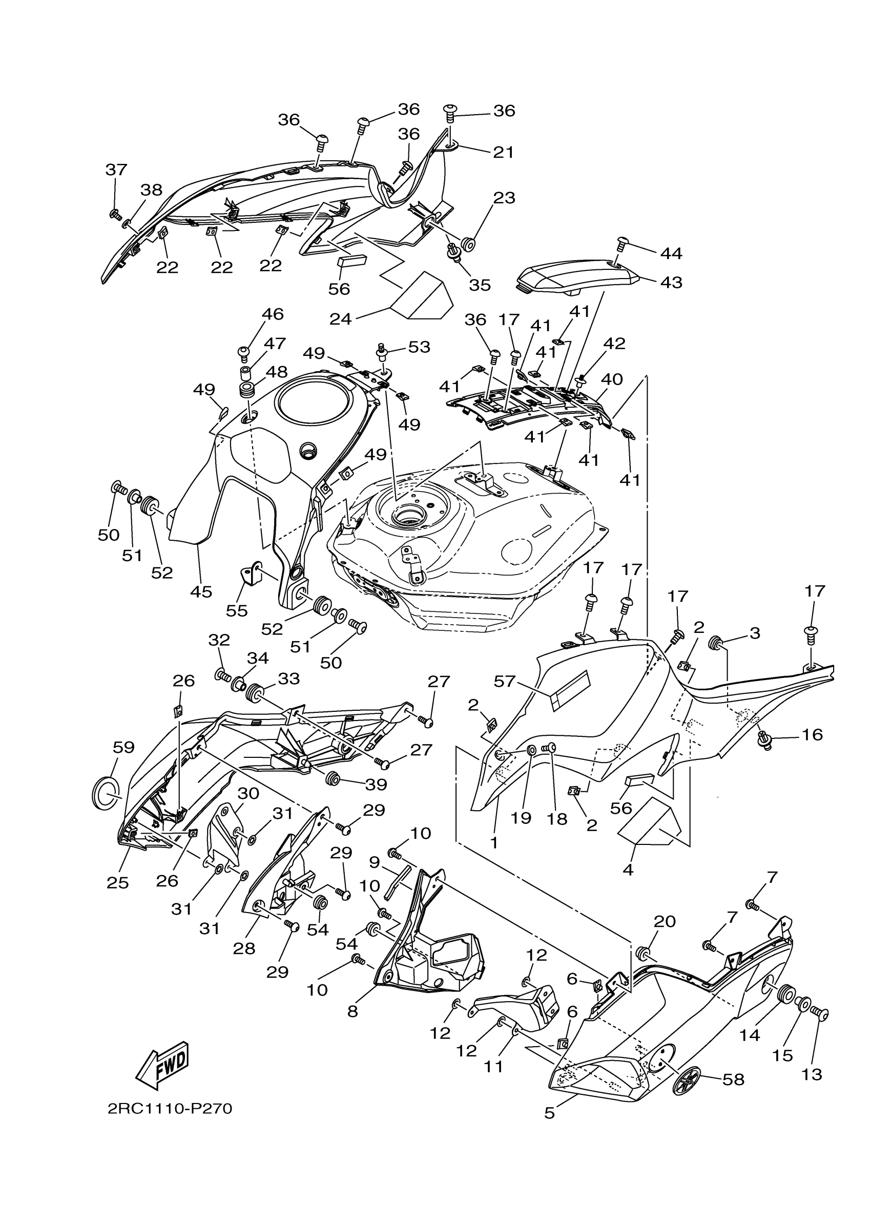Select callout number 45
pyautogui.click(x=201, y=592)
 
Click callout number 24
pyautogui.click(x=340, y=319)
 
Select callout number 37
pyautogui.click(x=116, y=169)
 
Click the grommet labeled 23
pyautogui.click(x=468, y=243)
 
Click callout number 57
pyautogui.click(x=505, y=681)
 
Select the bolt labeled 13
pyautogui.click(x=820, y=1014)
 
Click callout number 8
pyautogui.click(x=352, y=1011)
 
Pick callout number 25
pyautogui.click(x=117, y=882)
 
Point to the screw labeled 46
pyautogui.click(x=244, y=352)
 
